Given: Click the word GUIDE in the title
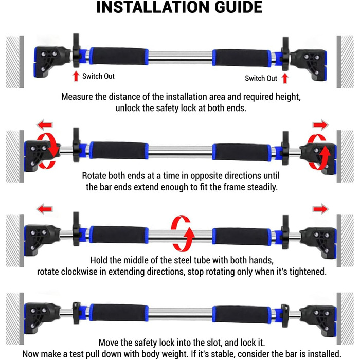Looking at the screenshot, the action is pyautogui.click(x=239, y=7).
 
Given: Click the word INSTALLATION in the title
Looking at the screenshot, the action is pyautogui.click(x=153, y=7).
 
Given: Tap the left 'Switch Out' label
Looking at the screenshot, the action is pyautogui.click(x=98, y=76).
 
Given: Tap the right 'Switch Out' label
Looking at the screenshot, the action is pyautogui.click(x=261, y=78).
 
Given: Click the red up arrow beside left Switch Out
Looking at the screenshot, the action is pyautogui.click(x=76, y=76).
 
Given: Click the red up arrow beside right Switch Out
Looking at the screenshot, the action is pyautogui.click(x=285, y=78).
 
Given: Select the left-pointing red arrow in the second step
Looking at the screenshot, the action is pyautogui.click(x=45, y=125).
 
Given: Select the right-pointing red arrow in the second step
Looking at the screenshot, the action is pyautogui.click(x=320, y=125).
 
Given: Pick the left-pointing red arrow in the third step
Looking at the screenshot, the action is pyautogui.click(x=45, y=209).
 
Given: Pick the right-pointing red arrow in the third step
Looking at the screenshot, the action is pyautogui.click(x=320, y=209).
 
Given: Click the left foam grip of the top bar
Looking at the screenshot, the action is pyautogui.click(x=119, y=56).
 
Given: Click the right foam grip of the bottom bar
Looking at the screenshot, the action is pyautogui.click(x=242, y=314).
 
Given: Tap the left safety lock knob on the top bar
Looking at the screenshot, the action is pyautogui.click(x=76, y=50).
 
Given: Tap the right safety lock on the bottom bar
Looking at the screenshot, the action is pyautogui.click(x=285, y=315).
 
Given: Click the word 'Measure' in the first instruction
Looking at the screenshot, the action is pyautogui.click(x=77, y=97).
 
